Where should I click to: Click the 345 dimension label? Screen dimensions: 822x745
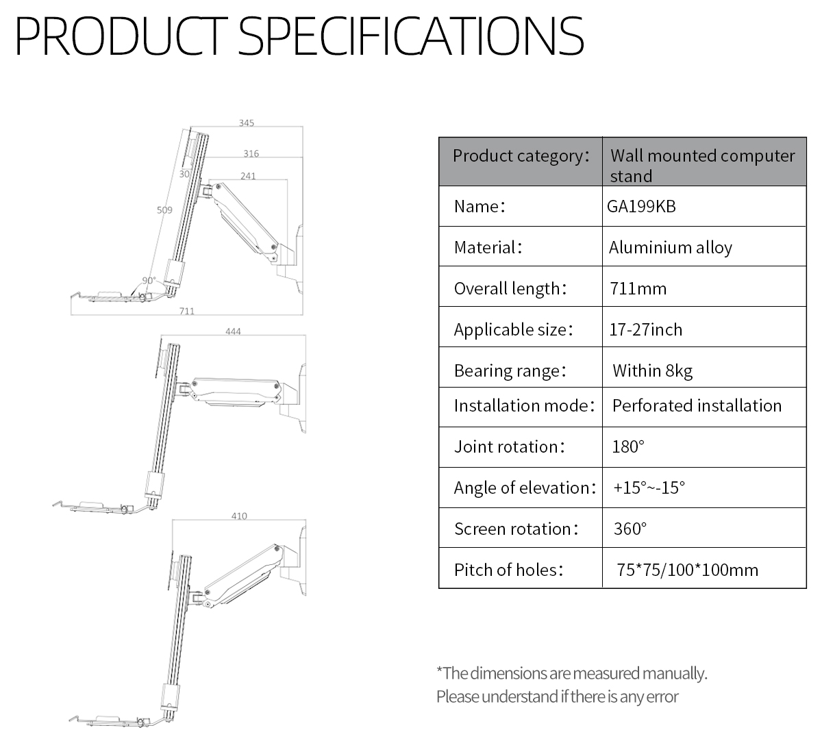click(x=247, y=123)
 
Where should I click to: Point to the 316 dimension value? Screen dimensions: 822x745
click(x=251, y=153)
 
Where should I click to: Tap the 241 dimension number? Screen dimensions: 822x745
click(x=249, y=176)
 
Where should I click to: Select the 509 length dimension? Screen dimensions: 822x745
click(x=164, y=210)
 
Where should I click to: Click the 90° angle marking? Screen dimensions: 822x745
click(x=149, y=281)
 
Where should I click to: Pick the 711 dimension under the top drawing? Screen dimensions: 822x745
click(x=187, y=311)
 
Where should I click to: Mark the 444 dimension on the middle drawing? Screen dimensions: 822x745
click(x=233, y=331)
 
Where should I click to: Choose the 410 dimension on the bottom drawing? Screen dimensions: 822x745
click(x=239, y=516)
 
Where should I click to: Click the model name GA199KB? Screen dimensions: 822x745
click(x=641, y=207)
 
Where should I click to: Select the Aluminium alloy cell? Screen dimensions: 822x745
click(x=671, y=247)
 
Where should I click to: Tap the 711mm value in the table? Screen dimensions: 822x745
click(x=638, y=288)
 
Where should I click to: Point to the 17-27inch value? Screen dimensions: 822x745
click(x=646, y=329)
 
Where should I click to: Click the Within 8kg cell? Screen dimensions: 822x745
click(x=652, y=371)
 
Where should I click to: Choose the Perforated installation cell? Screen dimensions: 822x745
click(x=697, y=405)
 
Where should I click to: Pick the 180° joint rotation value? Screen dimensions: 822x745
click(x=628, y=446)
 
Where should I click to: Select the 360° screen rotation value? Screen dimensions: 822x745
click(x=630, y=529)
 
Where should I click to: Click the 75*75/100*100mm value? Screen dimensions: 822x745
click(x=688, y=570)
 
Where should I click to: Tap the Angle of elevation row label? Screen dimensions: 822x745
click(x=525, y=488)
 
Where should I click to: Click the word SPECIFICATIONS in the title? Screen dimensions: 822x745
click(x=411, y=36)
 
